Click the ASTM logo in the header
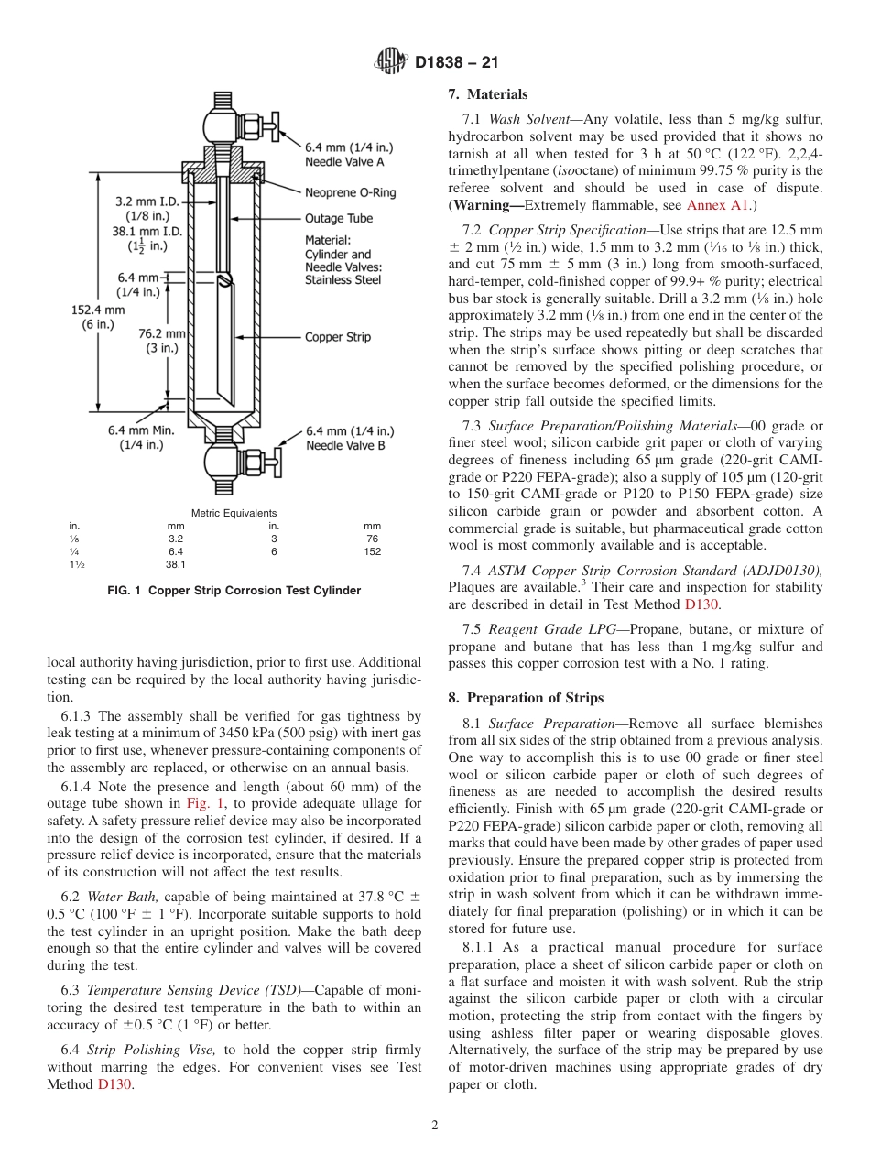392,63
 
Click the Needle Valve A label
345,154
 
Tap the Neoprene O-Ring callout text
351,193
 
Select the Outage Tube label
338,219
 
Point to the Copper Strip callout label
338,337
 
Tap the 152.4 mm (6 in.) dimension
92,318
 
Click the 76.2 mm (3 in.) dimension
161,341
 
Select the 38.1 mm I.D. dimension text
147,232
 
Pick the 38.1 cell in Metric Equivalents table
176,565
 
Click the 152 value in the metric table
372,551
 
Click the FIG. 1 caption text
234,591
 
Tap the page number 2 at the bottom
435,1126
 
